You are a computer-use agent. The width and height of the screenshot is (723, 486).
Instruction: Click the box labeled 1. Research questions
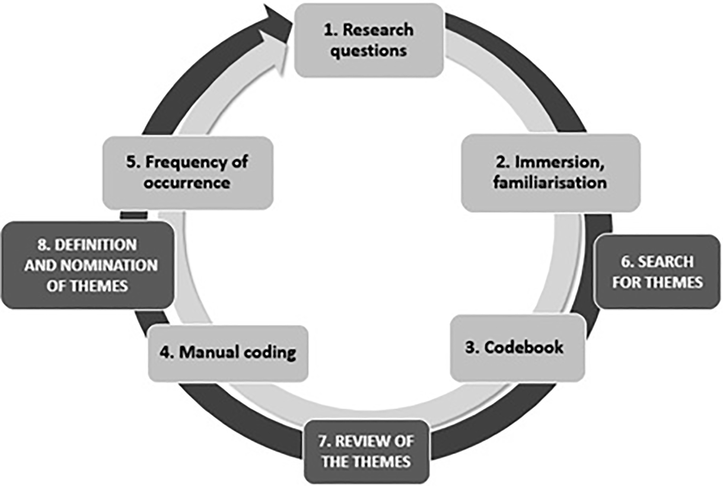point(368,40)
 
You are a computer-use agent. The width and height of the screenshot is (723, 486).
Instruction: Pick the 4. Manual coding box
point(228,353)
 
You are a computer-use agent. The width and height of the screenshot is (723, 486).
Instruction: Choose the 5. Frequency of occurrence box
point(187,173)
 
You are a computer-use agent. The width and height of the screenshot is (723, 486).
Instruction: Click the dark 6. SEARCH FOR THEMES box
point(657,272)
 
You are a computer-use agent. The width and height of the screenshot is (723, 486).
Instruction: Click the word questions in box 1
point(368,51)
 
